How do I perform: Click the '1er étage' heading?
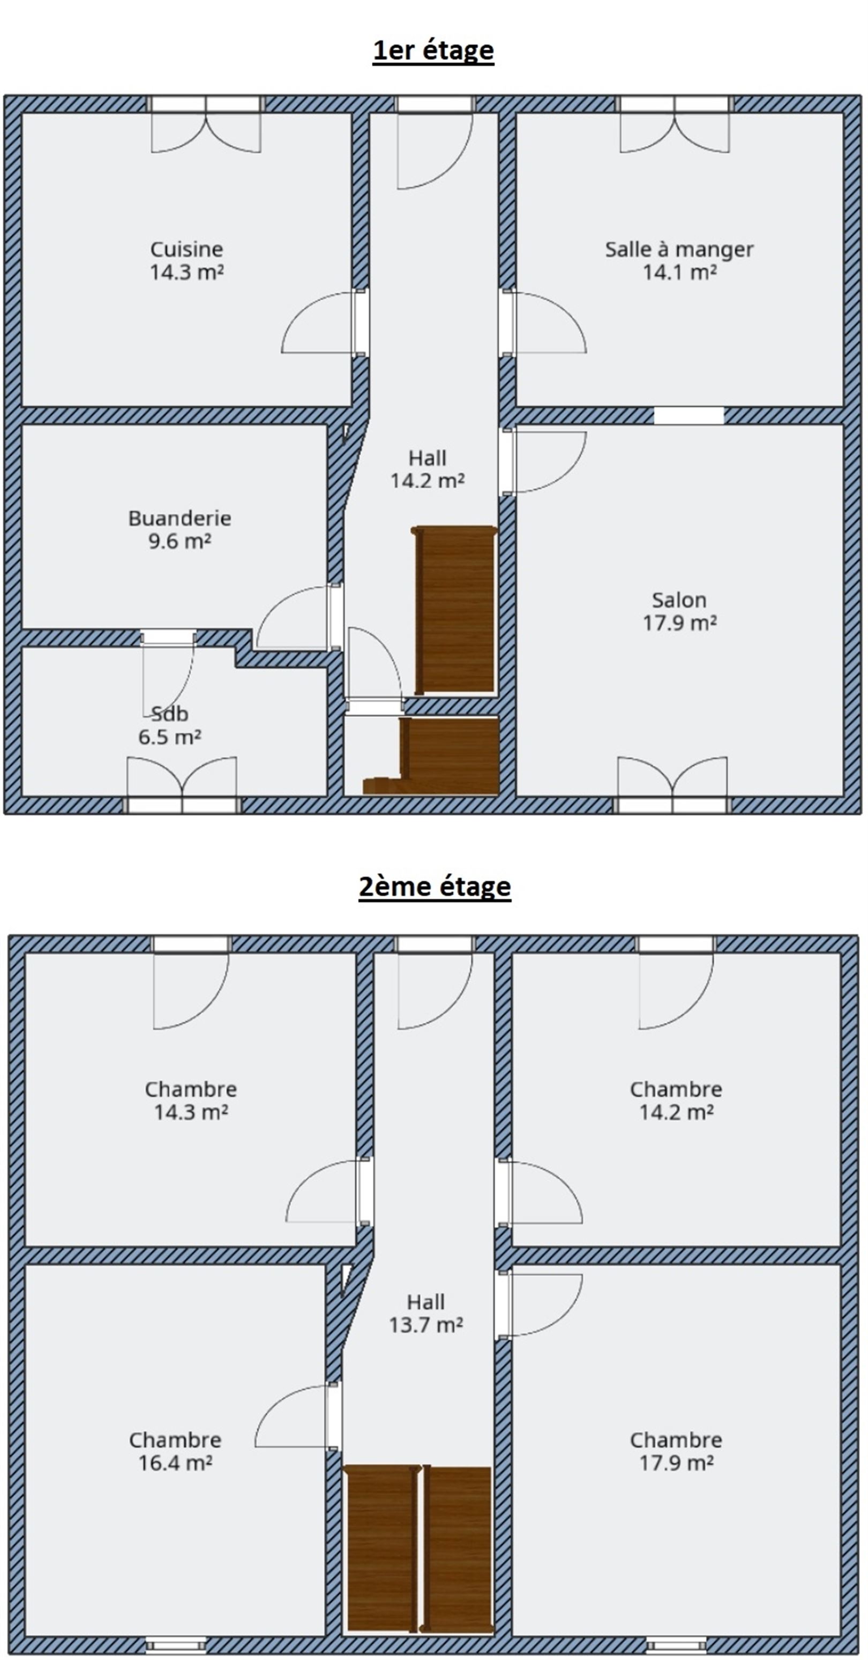pos(433,50)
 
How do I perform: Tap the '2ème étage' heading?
pos(435,886)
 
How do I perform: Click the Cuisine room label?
pos(186,260)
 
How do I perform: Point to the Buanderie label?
pos(179,529)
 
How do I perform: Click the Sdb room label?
pos(170,725)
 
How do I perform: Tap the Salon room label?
pos(679,611)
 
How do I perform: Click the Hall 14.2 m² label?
pos(427,469)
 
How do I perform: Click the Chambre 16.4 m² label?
pos(175,1451)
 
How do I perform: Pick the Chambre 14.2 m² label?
pos(676,1100)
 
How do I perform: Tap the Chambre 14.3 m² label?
pos(191,1100)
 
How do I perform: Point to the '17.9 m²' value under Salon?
pos(679,623)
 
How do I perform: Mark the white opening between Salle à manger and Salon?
pos(689,415)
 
